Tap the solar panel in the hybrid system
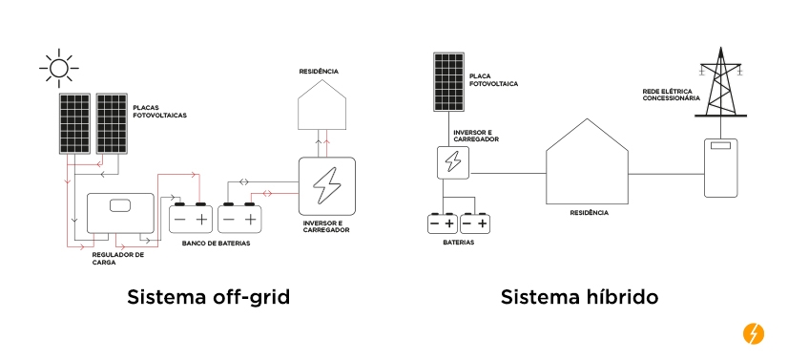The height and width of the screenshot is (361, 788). pyautogui.click(x=448, y=80)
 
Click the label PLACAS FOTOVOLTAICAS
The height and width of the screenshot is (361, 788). pyautogui.click(x=160, y=111)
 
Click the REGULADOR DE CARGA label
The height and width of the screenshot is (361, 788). pyautogui.click(x=118, y=259)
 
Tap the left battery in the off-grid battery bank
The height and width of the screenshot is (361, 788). pyautogui.click(x=190, y=218)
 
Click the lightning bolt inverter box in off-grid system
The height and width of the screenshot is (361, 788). pyautogui.click(x=327, y=184)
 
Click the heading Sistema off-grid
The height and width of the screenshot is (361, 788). pyautogui.click(x=208, y=297)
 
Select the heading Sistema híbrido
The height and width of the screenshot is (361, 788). pyautogui.click(x=579, y=297)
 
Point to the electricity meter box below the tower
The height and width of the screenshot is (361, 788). pyautogui.click(x=721, y=167)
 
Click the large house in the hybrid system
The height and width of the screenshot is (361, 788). pyautogui.click(x=587, y=170)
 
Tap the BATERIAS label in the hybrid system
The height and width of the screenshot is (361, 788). pyautogui.click(x=458, y=244)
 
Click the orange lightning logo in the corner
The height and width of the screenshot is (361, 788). pyautogui.click(x=753, y=334)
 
